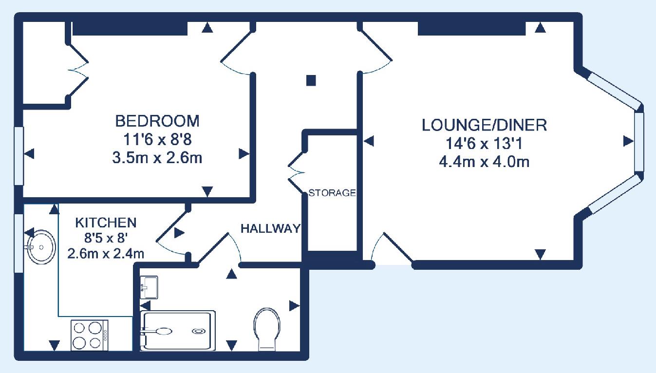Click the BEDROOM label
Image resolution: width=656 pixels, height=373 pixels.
click(x=157, y=121)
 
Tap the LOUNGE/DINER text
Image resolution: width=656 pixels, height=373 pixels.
click(x=484, y=125)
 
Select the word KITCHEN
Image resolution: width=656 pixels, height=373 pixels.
click(x=106, y=223)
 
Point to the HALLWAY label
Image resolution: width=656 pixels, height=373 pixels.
click(x=271, y=228)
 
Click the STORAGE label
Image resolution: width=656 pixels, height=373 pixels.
click(x=333, y=193)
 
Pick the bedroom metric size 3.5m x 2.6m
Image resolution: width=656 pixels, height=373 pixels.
click(x=157, y=158)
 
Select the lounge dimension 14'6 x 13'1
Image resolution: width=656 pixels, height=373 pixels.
click(x=484, y=144)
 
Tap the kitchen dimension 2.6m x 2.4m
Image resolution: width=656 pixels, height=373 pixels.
click(x=106, y=254)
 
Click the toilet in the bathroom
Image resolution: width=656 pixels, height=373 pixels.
click(x=266, y=329)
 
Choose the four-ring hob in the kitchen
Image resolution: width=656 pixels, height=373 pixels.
click(x=89, y=335)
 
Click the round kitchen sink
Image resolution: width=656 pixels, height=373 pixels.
click(x=41, y=247)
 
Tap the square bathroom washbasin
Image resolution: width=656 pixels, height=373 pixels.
click(x=149, y=287)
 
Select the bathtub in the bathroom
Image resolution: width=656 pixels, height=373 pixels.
click(x=178, y=331)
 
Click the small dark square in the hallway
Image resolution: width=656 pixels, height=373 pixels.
click(x=311, y=80)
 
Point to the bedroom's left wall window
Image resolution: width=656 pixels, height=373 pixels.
click(x=19, y=156)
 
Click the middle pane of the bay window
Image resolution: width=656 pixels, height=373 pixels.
click(x=639, y=142)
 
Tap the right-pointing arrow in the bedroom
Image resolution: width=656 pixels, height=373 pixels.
click(x=244, y=154)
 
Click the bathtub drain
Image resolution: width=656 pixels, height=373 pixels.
click(x=199, y=331)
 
